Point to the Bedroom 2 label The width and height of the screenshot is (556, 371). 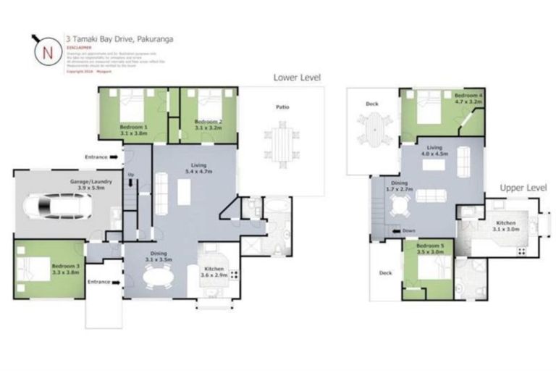208,125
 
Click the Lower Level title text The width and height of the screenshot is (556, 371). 297,77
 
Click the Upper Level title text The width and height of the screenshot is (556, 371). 523,188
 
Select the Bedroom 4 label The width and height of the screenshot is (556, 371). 468,99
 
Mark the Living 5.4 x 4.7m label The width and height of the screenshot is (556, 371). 193,168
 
